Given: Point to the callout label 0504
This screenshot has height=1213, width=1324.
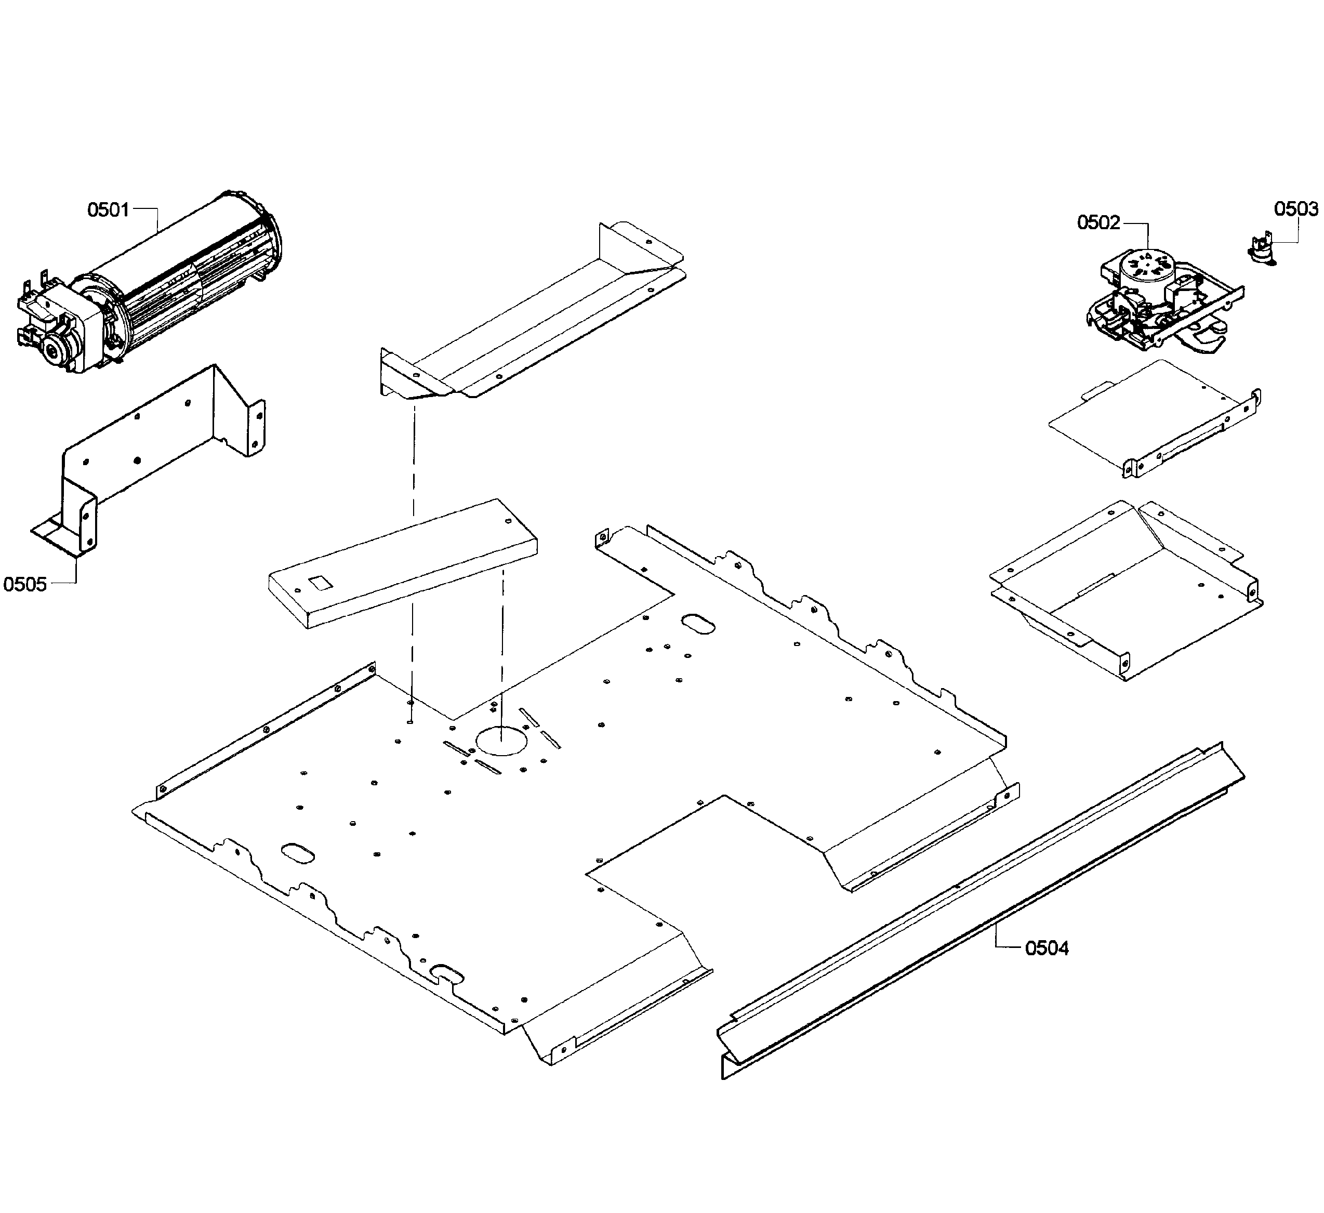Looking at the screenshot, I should (x=1047, y=948).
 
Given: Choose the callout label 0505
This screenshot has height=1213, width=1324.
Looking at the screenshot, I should (x=25, y=584).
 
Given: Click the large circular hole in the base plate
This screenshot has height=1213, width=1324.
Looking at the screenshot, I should (x=502, y=741).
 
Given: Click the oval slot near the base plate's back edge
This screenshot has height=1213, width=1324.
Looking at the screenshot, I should (x=698, y=624).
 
